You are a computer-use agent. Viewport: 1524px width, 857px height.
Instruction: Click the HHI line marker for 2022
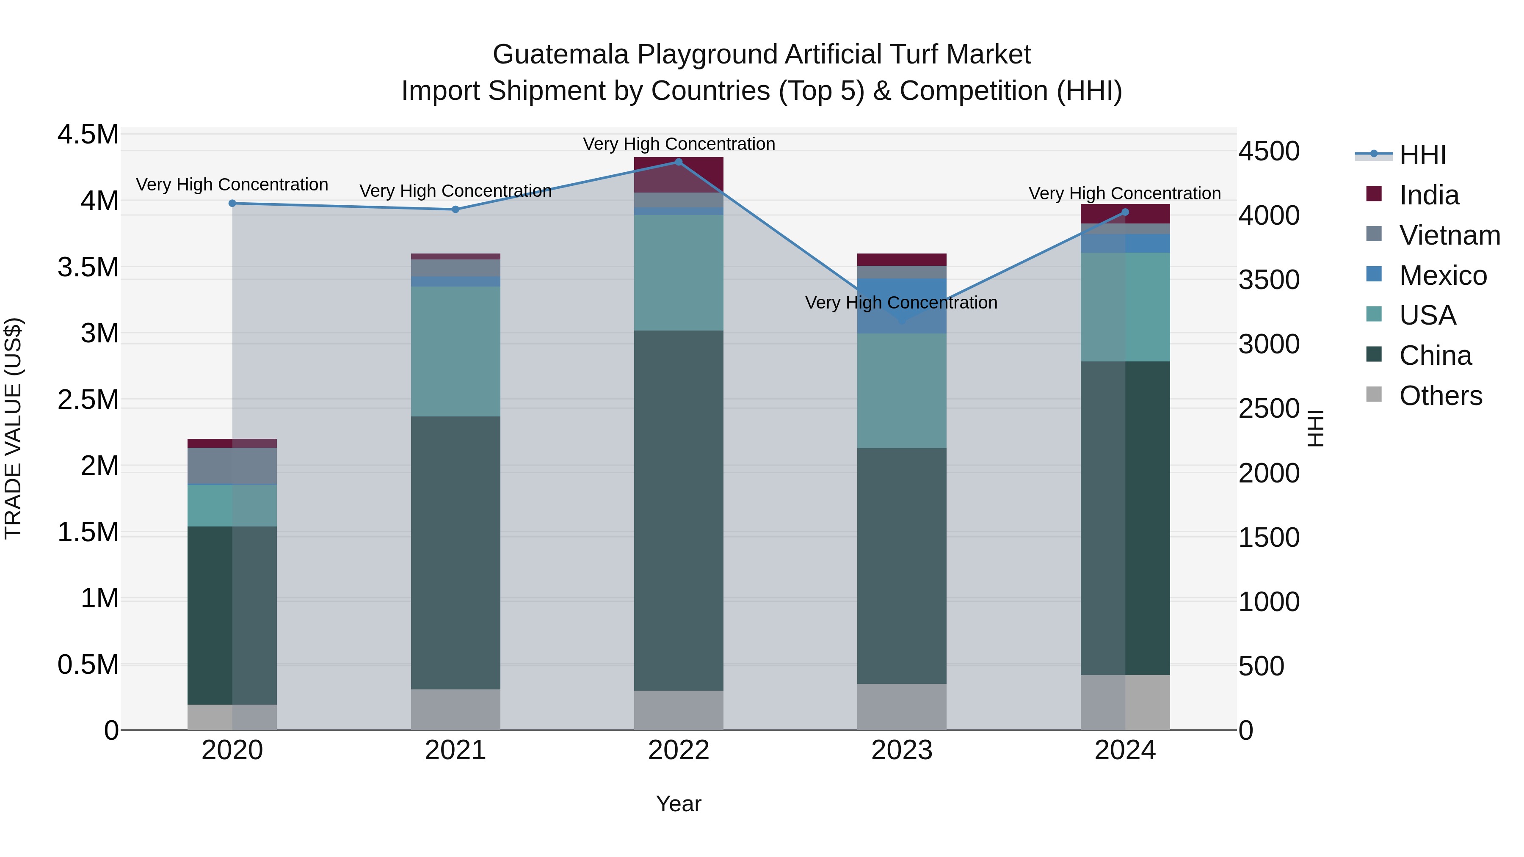click(x=679, y=162)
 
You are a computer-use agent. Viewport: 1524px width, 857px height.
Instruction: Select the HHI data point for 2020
click(x=232, y=204)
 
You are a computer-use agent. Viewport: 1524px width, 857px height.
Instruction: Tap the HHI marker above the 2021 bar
click(x=456, y=209)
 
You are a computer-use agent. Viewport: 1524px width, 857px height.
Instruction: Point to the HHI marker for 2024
click(x=1125, y=212)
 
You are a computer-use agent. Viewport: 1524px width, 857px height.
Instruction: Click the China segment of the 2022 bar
click(x=679, y=510)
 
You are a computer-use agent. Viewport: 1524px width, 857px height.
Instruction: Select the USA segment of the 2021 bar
click(x=456, y=351)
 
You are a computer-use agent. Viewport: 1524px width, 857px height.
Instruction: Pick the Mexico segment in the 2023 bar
click(x=902, y=306)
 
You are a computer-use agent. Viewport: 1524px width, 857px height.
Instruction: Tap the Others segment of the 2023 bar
click(x=902, y=707)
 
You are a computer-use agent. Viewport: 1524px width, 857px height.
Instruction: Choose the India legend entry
click(x=1429, y=195)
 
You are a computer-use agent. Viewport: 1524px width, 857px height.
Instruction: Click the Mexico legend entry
click(x=1442, y=276)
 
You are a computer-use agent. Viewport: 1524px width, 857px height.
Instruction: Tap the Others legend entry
click(x=1440, y=396)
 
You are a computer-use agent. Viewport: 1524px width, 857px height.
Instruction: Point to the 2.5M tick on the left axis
click(x=88, y=400)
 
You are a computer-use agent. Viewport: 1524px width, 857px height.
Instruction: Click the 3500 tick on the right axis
click(x=1269, y=280)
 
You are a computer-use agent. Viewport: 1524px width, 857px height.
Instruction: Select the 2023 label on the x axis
click(x=902, y=750)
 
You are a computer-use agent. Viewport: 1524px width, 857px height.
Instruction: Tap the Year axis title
click(x=679, y=804)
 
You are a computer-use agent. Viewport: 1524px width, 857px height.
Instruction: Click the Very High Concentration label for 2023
click(x=901, y=303)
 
